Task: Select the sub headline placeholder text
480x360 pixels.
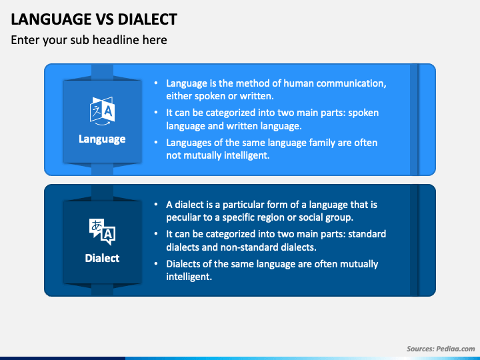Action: click(89, 40)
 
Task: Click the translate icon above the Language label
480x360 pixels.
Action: click(102, 110)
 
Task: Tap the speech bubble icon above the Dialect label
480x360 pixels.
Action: click(102, 231)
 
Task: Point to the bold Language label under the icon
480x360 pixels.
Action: click(102, 139)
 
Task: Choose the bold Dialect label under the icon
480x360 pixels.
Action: click(102, 257)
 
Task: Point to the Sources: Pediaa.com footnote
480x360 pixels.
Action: click(441, 349)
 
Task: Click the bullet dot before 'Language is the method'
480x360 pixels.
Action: click(155, 84)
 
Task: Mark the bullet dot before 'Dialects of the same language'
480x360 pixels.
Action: click(155, 264)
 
